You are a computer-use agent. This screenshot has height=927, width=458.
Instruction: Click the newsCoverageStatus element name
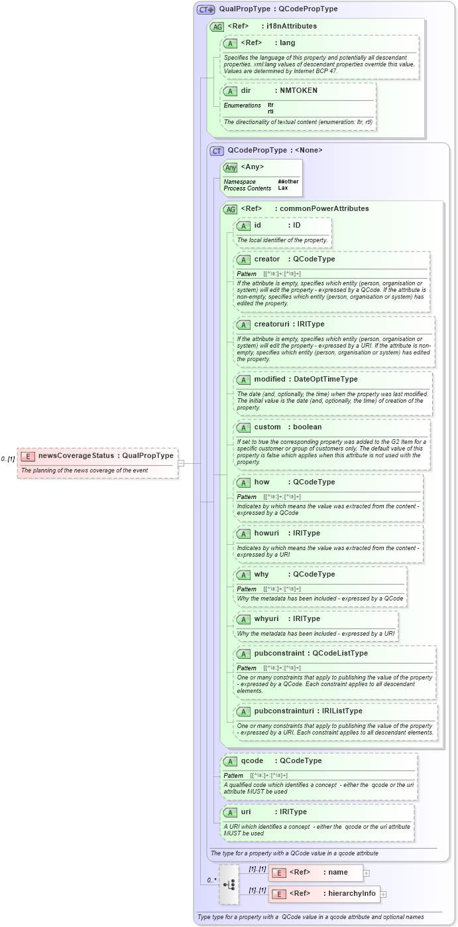coord(76,455)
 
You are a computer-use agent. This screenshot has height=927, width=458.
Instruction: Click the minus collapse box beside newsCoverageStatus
coord(180,463)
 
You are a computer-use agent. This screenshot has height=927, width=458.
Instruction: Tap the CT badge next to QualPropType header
coord(206,9)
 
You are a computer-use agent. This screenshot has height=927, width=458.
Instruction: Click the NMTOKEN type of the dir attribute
coord(298,90)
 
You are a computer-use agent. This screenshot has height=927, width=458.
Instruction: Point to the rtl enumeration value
coord(270,111)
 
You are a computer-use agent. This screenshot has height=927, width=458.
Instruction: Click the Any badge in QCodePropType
coord(231,167)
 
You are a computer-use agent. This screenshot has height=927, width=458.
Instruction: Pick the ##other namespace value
coord(288,181)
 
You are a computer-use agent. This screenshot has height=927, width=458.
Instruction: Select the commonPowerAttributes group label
coord(324,208)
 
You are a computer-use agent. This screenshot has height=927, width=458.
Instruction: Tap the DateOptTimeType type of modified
coord(325,379)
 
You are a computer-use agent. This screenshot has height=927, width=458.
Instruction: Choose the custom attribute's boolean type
coord(308,427)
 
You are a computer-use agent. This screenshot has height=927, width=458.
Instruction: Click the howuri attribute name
coord(268,533)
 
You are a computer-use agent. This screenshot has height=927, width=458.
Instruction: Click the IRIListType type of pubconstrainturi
coord(340,711)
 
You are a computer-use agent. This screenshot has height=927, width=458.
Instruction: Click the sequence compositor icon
coord(229,884)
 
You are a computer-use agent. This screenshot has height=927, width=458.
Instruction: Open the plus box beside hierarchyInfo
coord(383,894)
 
